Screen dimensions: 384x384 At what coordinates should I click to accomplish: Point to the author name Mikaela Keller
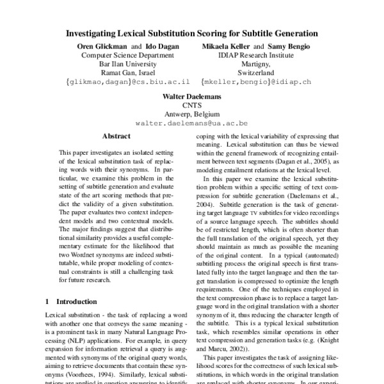tap(225, 46)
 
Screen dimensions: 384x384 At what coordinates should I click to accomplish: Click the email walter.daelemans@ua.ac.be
tap(192, 122)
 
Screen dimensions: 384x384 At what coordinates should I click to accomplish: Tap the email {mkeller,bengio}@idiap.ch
tap(256, 83)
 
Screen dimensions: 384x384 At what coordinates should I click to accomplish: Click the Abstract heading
tap(116, 136)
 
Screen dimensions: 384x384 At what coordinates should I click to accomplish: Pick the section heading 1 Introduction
tap(71, 300)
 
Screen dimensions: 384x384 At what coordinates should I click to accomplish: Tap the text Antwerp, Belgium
tap(192, 113)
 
